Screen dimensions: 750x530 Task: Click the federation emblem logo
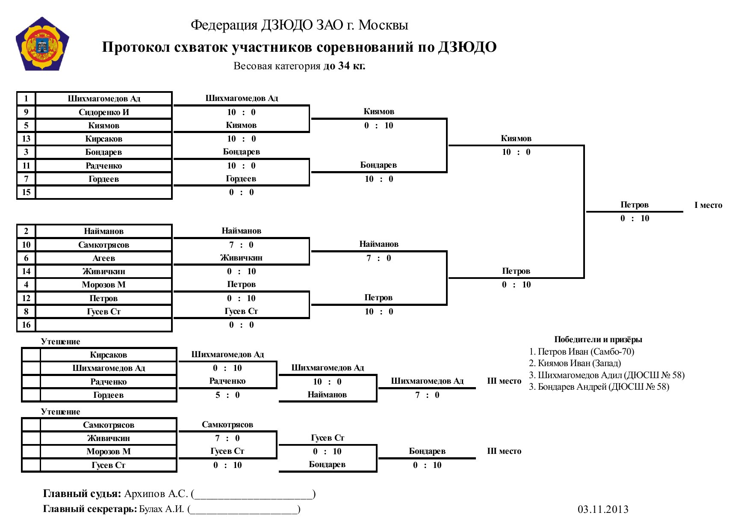[x=42, y=44]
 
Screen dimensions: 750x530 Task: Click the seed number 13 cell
[x=26, y=139]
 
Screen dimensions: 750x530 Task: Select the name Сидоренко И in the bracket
[x=104, y=112]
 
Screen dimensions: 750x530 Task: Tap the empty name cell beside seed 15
[x=104, y=192]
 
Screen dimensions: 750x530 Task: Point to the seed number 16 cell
[x=26, y=325]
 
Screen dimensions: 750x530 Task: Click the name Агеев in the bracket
[x=104, y=258]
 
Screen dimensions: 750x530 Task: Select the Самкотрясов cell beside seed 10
[x=104, y=245]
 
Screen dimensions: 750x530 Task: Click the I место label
[x=708, y=205]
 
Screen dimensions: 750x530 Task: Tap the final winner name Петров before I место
[x=635, y=205]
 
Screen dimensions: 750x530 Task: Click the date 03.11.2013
[x=603, y=509]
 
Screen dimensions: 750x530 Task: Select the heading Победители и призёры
[x=598, y=339]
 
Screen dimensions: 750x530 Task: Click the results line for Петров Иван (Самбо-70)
[x=582, y=352]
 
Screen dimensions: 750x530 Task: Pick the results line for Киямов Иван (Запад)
[x=575, y=363]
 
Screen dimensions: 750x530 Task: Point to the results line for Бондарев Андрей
[x=599, y=387]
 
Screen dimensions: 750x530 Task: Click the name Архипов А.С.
[x=156, y=494]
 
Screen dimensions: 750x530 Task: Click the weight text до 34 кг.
[x=344, y=66]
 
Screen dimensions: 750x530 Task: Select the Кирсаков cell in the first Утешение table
[x=109, y=355]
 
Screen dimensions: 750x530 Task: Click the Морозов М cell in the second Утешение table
[x=109, y=451]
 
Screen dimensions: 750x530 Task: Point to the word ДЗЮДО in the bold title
[x=467, y=47]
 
